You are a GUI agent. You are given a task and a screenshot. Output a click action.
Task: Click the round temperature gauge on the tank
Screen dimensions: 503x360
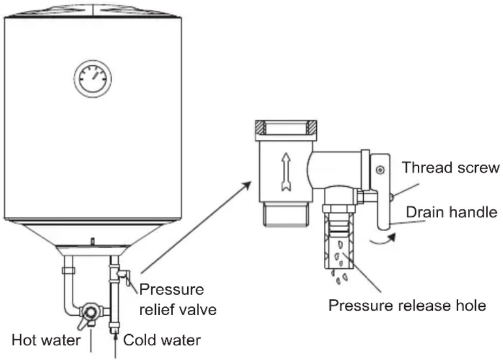click(x=93, y=79)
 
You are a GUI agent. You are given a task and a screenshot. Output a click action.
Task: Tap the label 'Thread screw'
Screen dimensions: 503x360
click(x=451, y=167)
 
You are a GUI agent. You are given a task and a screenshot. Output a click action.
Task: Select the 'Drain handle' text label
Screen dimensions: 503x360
click(x=452, y=212)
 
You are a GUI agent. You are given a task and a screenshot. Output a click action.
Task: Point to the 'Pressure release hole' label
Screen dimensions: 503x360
click(x=407, y=305)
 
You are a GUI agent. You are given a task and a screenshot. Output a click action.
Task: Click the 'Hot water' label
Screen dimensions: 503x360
click(x=46, y=340)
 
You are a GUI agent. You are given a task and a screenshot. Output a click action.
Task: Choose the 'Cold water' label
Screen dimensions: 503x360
click(x=162, y=340)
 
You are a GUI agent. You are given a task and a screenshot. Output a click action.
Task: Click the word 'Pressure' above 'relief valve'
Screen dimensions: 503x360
click(x=172, y=289)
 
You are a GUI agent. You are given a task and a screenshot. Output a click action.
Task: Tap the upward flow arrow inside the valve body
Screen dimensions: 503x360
click(x=286, y=172)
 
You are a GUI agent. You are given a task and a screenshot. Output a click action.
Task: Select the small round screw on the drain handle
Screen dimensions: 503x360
click(x=380, y=169)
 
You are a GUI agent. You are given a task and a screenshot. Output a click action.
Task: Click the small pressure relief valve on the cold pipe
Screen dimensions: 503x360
click(x=123, y=275)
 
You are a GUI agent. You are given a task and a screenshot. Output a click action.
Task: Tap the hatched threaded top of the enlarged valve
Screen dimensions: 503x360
click(x=286, y=128)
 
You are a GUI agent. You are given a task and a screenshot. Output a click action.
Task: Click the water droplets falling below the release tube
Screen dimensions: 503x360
click(x=339, y=276)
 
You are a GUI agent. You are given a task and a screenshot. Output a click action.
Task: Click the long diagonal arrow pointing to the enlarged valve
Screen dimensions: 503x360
click(x=196, y=227)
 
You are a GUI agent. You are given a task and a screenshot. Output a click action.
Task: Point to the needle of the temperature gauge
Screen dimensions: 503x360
click(x=96, y=75)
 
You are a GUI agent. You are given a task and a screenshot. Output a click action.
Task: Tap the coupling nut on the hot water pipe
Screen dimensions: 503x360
click(x=69, y=270)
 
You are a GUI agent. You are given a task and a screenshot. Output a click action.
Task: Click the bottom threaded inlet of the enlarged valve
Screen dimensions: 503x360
click(x=286, y=214)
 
